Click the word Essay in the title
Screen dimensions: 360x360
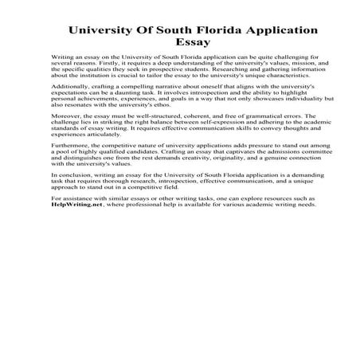coord(180,45)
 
